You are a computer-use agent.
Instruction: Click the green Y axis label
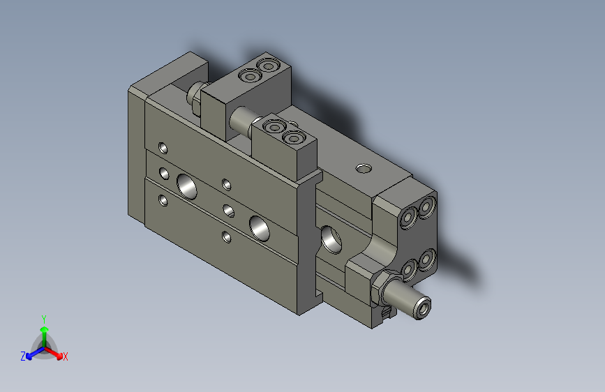44,318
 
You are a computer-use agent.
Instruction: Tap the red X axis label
66,356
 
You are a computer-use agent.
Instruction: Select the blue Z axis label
23,356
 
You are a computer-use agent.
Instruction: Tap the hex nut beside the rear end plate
196,98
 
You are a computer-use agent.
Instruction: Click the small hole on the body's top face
363,167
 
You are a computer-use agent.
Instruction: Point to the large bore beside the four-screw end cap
332,238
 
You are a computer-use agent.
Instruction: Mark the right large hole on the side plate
260,227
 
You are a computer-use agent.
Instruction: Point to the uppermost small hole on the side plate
163,148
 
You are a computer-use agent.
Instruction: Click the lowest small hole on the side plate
226,236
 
